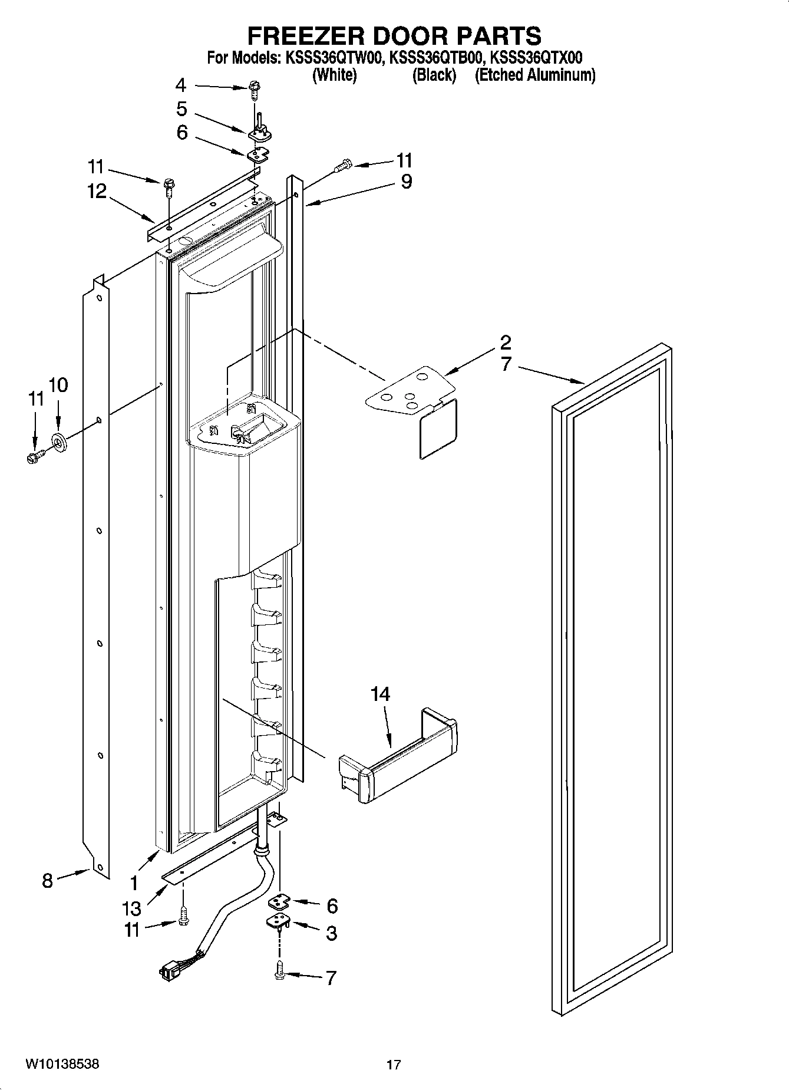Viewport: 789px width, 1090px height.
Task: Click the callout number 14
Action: (x=380, y=694)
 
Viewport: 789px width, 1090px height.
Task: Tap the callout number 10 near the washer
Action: (x=58, y=385)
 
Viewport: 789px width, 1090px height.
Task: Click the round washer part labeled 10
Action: (x=59, y=442)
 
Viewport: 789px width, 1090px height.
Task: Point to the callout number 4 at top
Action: (x=181, y=85)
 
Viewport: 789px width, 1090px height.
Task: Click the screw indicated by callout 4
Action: (x=255, y=90)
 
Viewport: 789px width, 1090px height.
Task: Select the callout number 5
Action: (x=181, y=109)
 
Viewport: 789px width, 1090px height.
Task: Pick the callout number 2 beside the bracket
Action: (x=506, y=342)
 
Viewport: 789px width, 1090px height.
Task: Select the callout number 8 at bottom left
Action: (x=47, y=881)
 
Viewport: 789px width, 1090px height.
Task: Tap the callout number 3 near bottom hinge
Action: (x=331, y=933)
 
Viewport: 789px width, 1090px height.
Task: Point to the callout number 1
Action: (x=134, y=882)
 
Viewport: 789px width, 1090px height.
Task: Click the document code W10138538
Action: (x=62, y=1064)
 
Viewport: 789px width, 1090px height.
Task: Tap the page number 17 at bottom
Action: (x=394, y=1065)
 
